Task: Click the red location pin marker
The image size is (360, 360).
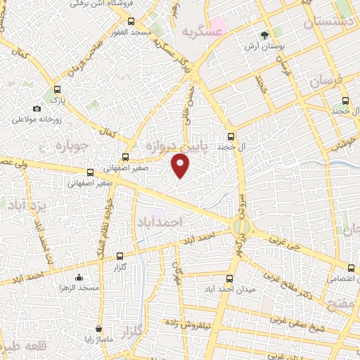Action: (x=181, y=165)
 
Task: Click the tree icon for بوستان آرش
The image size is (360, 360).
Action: (x=264, y=33)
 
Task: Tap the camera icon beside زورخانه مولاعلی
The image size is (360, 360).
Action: (x=37, y=108)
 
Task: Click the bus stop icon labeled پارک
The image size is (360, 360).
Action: (x=58, y=90)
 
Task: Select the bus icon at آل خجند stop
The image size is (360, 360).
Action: (x=231, y=136)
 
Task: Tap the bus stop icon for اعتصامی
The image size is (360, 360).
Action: (x=352, y=266)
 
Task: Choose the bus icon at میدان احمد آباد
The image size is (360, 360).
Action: (x=230, y=278)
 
